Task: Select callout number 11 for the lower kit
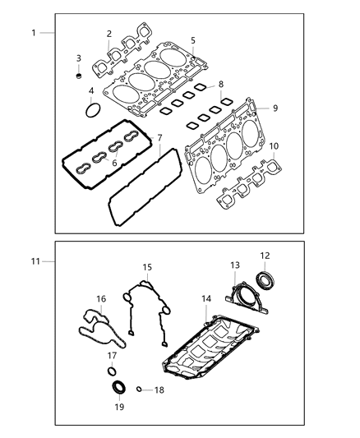35,260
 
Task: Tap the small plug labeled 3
79,76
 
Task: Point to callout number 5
192,40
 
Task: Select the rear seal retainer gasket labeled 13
245,297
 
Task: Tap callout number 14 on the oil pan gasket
205,299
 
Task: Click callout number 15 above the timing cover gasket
147,267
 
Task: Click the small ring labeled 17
113,367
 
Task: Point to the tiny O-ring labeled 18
139,390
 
